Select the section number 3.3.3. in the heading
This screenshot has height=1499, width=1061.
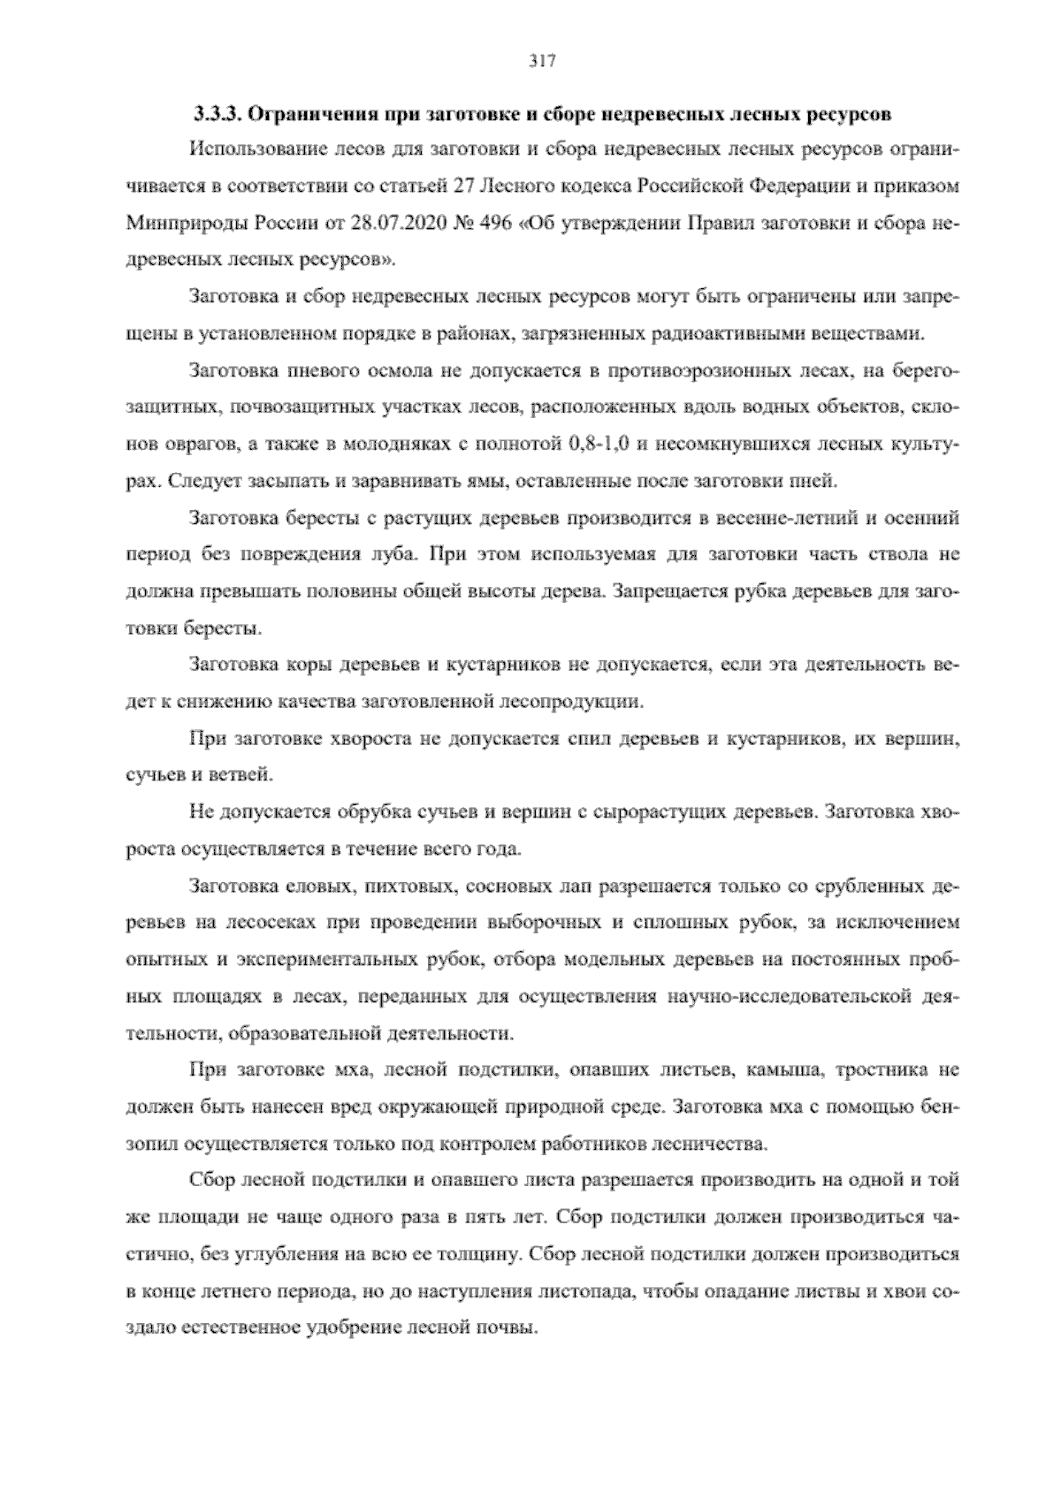(217, 115)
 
